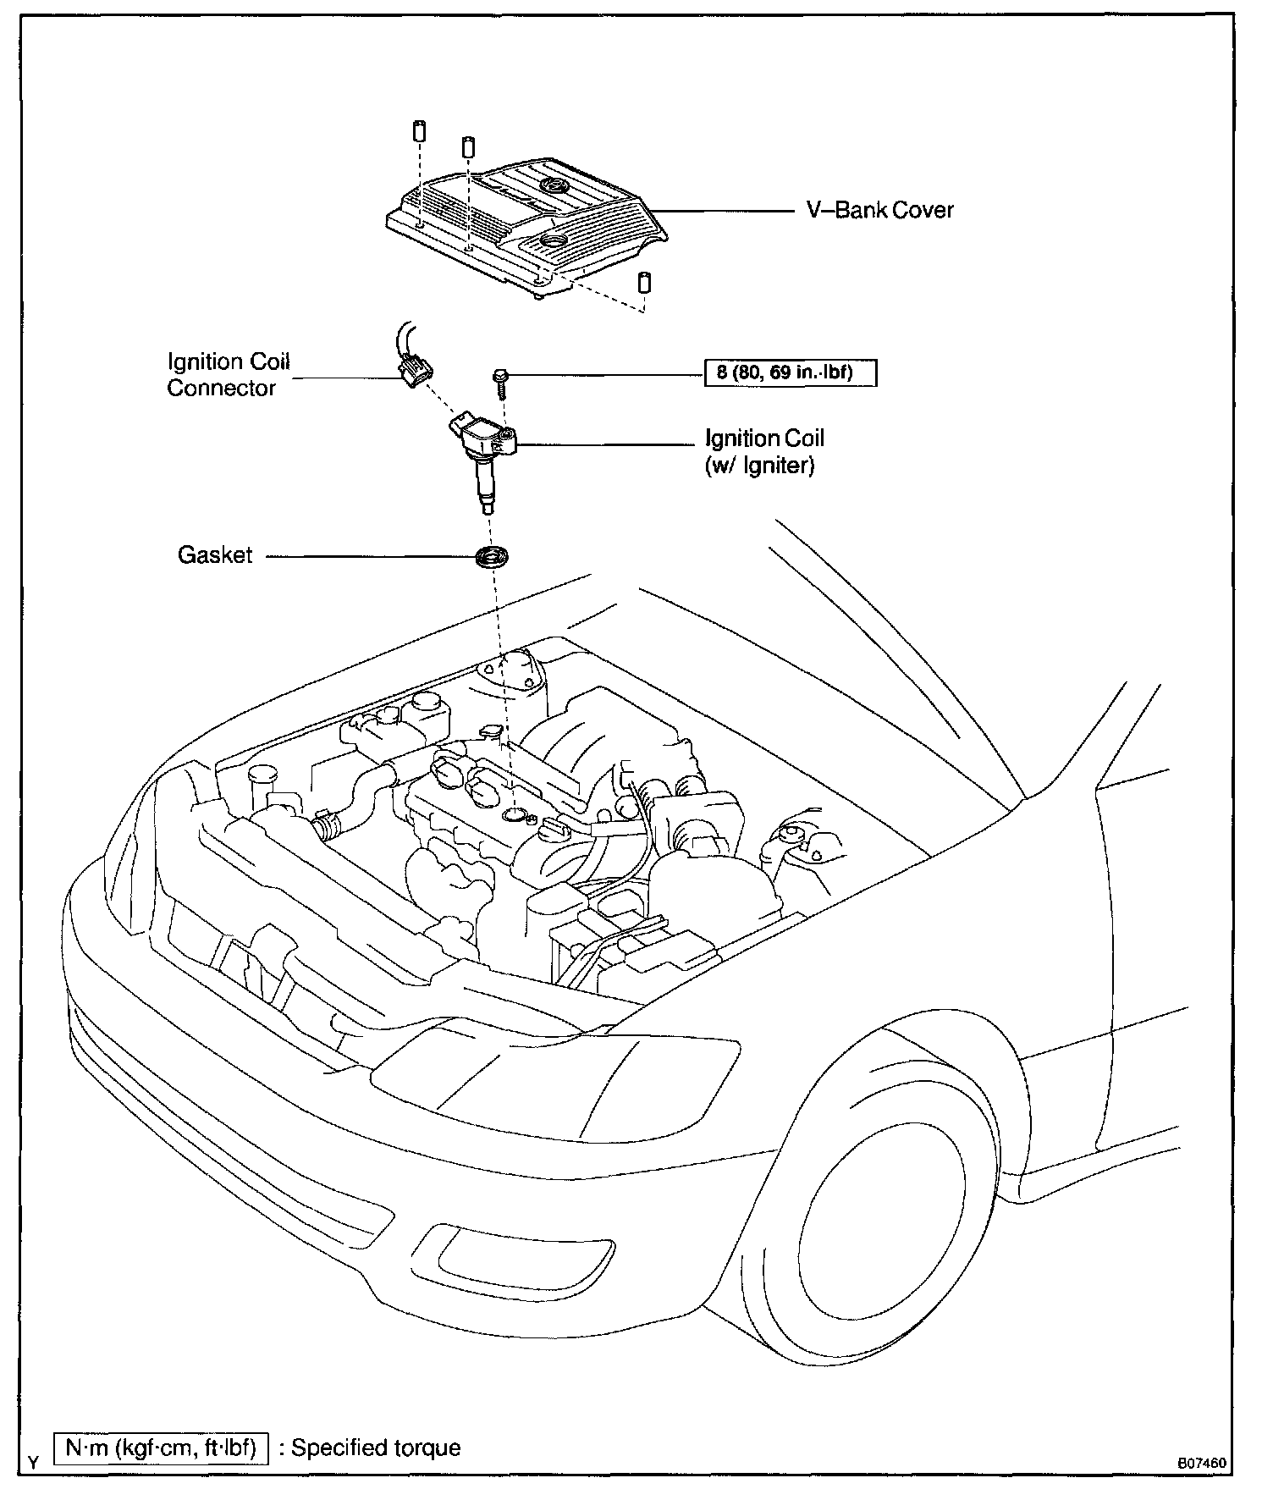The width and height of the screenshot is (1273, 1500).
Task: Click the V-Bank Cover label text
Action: click(879, 210)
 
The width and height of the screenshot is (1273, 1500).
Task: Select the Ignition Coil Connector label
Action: click(229, 374)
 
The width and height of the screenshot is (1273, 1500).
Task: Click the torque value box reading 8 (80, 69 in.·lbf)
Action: click(790, 372)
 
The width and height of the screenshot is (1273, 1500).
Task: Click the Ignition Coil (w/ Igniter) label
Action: click(764, 451)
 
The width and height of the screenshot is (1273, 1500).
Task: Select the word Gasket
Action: click(215, 555)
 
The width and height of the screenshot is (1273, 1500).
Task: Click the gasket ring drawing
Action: click(490, 557)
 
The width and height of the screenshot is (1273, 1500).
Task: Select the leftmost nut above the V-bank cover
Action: click(418, 132)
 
